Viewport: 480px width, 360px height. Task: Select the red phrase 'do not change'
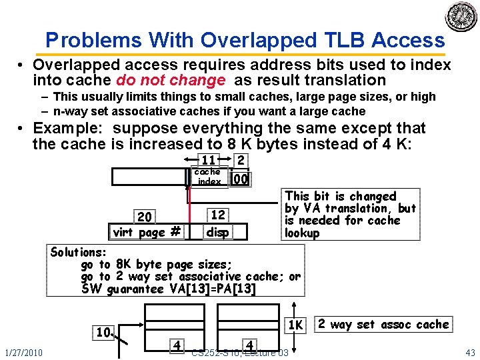[x=171, y=81]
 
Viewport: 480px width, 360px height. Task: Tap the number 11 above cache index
[x=208, y=160]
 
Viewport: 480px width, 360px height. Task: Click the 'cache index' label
[x=208, y=177]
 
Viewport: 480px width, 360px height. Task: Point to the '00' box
[x=241, y=179]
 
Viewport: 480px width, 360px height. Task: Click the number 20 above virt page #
[x=145, y=217]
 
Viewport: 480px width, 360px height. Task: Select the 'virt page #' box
[x=147, y=232]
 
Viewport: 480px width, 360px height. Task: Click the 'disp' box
[x=218, y=232]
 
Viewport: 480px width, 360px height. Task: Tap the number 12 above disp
[x=218, y=215]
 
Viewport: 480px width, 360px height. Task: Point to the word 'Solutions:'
[x=79, y=253]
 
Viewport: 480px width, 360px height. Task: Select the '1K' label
[x=295, y=325]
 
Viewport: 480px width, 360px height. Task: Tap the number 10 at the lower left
[x=103, y=332]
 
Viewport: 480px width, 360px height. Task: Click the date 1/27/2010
[x=23, y=352]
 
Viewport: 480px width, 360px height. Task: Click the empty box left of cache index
[x=151, y=177]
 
